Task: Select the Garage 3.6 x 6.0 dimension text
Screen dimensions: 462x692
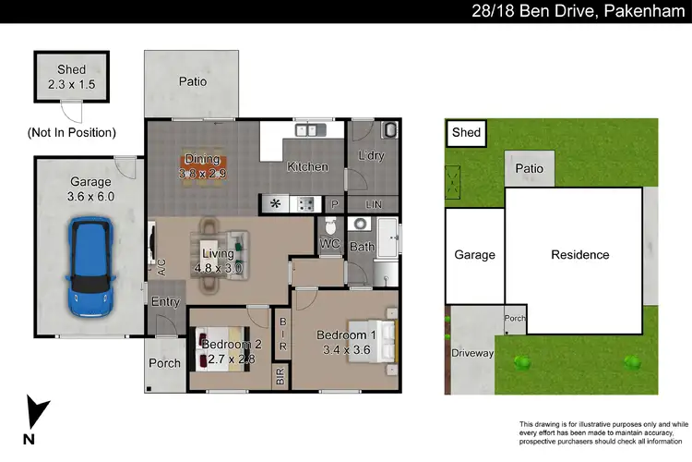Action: (89, 189)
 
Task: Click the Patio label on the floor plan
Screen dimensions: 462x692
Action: (192, 81)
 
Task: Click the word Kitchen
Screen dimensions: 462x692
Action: (307, 167)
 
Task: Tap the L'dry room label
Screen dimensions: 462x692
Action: (370, 156)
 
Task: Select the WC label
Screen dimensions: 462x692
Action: (329, 245)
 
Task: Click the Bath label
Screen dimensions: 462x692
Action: (361, 247)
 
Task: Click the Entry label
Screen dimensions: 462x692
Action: (166, 302)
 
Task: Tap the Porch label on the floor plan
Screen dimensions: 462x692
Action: (165, 363)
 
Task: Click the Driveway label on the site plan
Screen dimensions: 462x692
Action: (473, 354)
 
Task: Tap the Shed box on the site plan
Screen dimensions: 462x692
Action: (466, 133)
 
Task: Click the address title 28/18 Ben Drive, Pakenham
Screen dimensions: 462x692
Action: (572, 11)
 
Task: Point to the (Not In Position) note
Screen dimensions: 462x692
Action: (71, 132)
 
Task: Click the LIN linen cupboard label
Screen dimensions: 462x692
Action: (373, 204)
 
